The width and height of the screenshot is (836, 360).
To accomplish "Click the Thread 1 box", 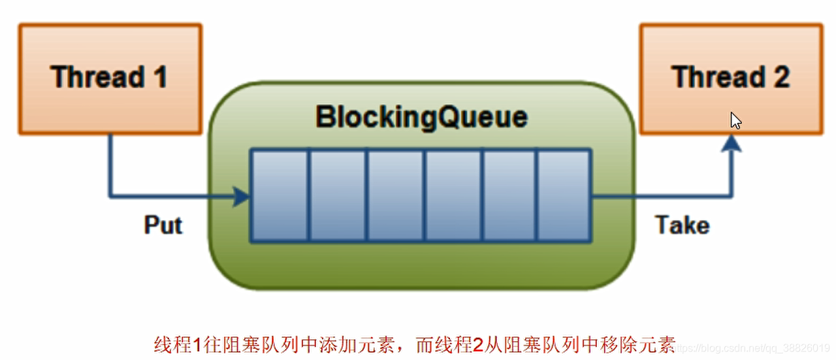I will click(x=110, y=78).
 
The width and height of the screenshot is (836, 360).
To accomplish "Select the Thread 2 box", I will click(x=731, y=78).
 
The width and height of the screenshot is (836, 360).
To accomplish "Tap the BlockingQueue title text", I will click(x=421, y=118).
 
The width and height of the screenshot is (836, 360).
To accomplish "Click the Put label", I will click(x=163, y=225).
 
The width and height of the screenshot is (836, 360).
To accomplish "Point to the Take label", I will click(x=682, y=225).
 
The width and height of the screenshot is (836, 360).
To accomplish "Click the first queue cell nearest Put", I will click(x=280, y=195).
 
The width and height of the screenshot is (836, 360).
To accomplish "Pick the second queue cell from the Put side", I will click(x=337, y=195).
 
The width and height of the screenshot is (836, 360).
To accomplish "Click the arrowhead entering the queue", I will click(x=242, y=195).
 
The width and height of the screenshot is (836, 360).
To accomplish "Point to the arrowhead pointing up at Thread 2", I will click(x=733, y=145).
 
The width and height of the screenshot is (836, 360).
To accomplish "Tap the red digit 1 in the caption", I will click(x=197, y=344).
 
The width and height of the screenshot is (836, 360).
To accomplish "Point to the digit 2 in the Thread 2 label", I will click(x=780, y=78).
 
